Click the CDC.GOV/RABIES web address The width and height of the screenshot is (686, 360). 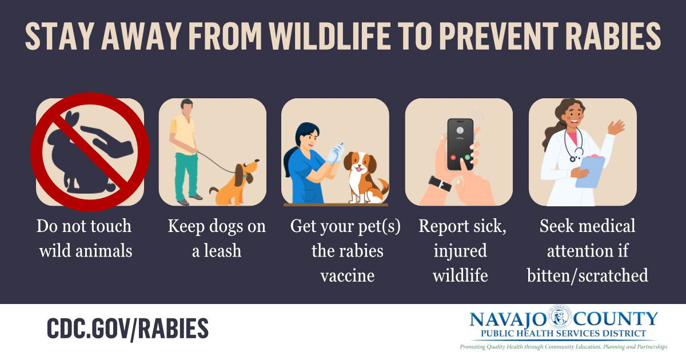click(x=127, y=329)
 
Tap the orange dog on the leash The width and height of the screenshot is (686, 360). click(x=232, y=183)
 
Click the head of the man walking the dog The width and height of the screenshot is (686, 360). click(x=186, y=106)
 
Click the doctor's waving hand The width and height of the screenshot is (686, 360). click(x=616, y=127)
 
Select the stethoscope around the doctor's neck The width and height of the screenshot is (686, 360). click(x=573, y=143)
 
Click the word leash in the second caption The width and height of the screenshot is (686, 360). click(x=224, y=251)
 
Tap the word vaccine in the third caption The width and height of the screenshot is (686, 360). click(x=347, y=276)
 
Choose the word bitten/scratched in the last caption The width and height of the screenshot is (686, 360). click(x=588, y=276)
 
